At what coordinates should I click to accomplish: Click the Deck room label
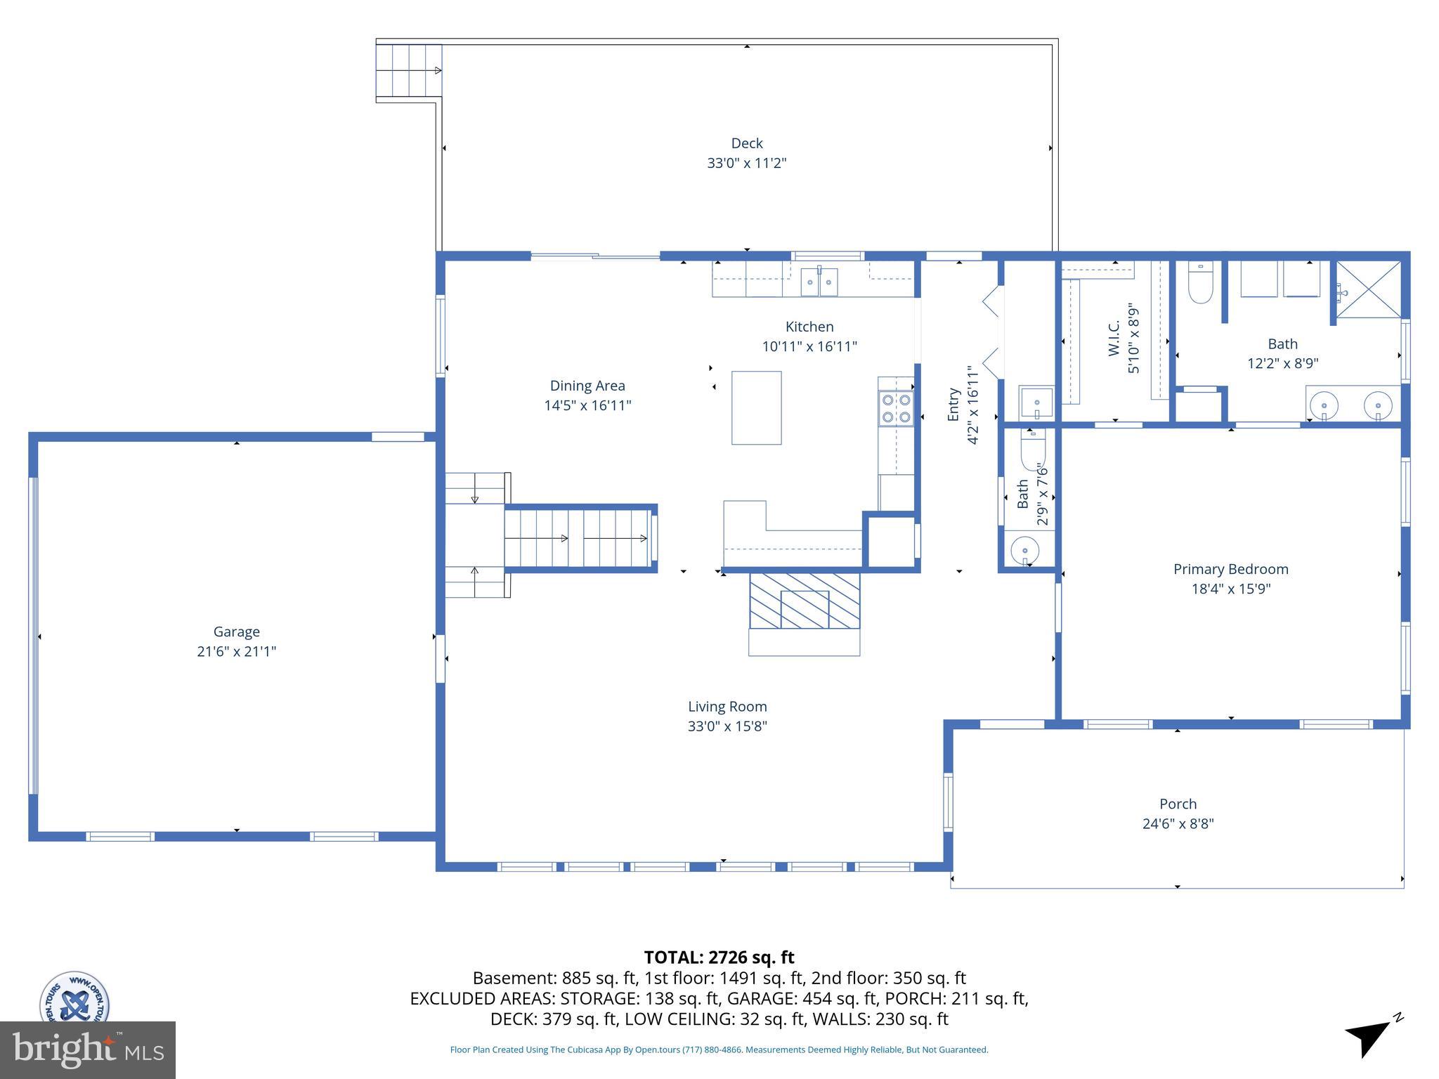click(x=746, y=143)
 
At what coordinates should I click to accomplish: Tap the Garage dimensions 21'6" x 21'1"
click(x=236, y=651)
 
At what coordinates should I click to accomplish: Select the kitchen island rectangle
click(x=756, y=407)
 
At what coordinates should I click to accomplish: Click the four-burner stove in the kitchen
click(x=896, y=408)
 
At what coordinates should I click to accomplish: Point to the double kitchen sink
click(x=819, y=282)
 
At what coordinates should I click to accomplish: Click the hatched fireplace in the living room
click(x=805, y=601)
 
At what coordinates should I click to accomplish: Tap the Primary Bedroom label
click(x=1230, y=569)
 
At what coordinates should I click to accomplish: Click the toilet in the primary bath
click(x=1200, y=284)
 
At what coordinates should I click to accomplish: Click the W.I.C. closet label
click(x=1114, y=338)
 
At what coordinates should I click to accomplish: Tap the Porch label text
click(x=1178, y=804)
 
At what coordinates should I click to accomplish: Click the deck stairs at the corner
click(x=409, y=70)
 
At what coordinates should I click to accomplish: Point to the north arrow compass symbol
click(x=1370, y=1037)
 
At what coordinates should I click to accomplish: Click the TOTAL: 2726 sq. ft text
click(x=719, y=957)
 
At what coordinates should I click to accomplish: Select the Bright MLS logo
click(x=87, y=1049)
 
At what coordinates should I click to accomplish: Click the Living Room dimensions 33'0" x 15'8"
click(x=727, y=726)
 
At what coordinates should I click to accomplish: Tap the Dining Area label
click(x=587, y=386)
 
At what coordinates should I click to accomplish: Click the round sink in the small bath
click(x=1025, y=550)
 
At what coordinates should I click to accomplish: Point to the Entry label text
click(x=953, y=405)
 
